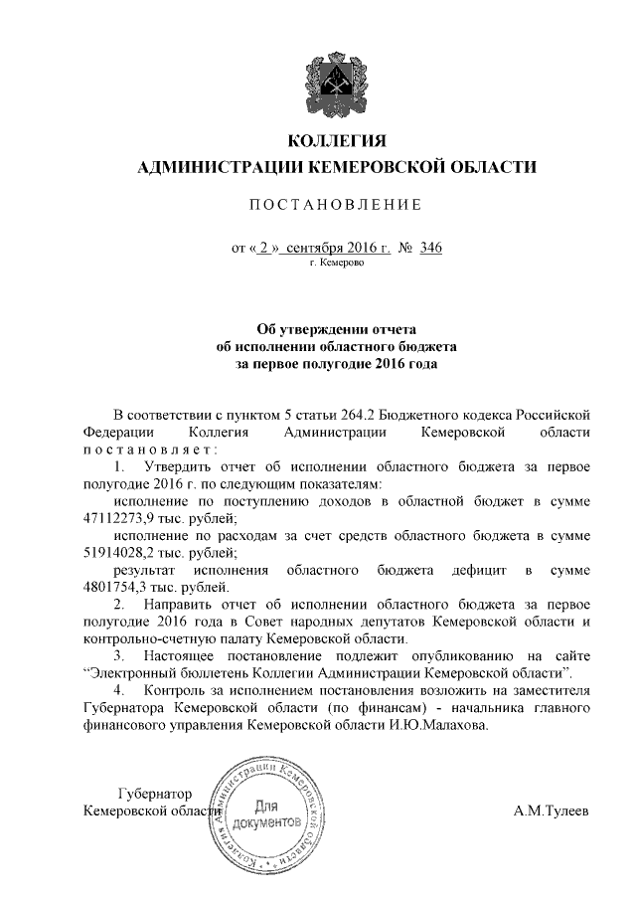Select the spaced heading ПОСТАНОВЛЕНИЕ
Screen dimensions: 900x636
coord(335,205)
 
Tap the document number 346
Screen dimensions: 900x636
coord(430,248)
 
